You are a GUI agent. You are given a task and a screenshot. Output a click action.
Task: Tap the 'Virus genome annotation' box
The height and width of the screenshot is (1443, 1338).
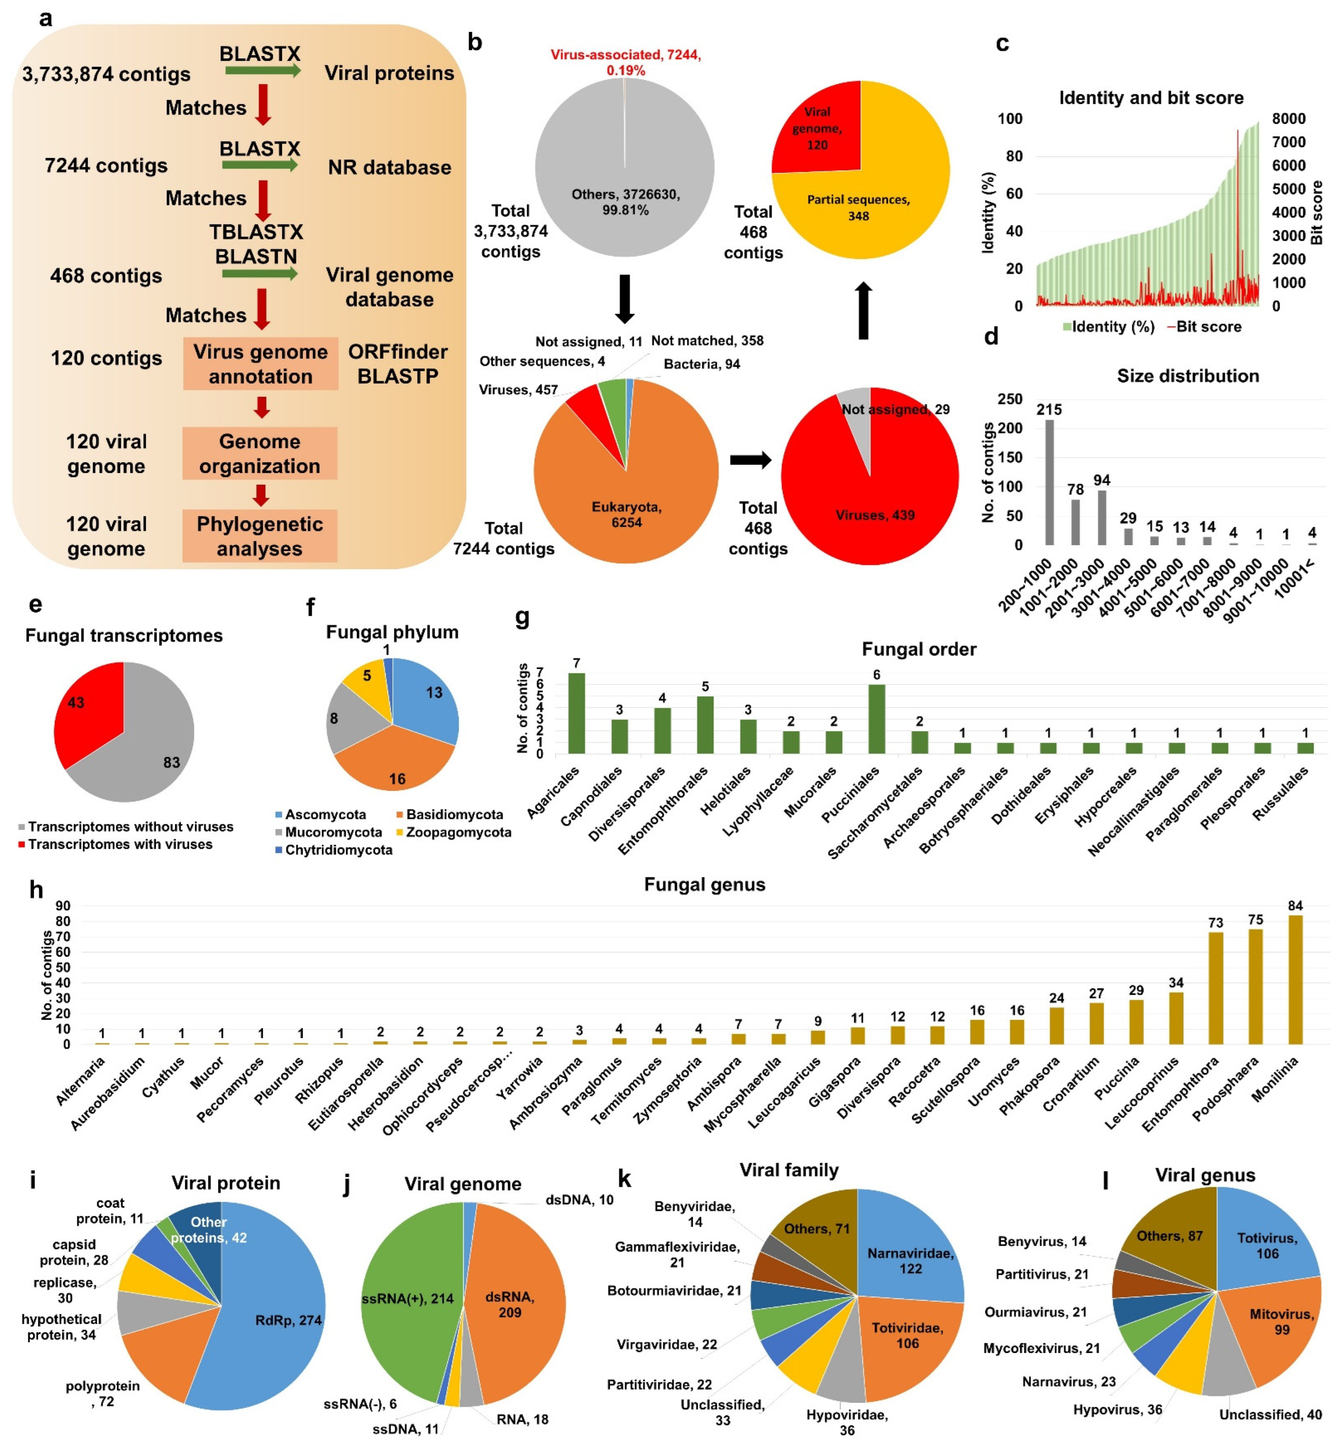[260, 363]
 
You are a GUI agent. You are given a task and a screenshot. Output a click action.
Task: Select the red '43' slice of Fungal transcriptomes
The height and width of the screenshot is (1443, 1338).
[83, 713]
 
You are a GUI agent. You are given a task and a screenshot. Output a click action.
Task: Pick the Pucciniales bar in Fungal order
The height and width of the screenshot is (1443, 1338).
[876, 719]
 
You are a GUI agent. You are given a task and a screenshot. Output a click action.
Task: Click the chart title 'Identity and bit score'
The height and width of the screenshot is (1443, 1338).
[1151, 98]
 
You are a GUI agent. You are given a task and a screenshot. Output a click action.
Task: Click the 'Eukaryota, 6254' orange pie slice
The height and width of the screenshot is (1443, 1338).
[626, 514]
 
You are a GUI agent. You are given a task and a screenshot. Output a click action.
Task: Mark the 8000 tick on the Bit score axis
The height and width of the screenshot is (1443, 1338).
[1289, 119]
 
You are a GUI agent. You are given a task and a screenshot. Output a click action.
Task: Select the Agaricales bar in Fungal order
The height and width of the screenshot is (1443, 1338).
[577, 713]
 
